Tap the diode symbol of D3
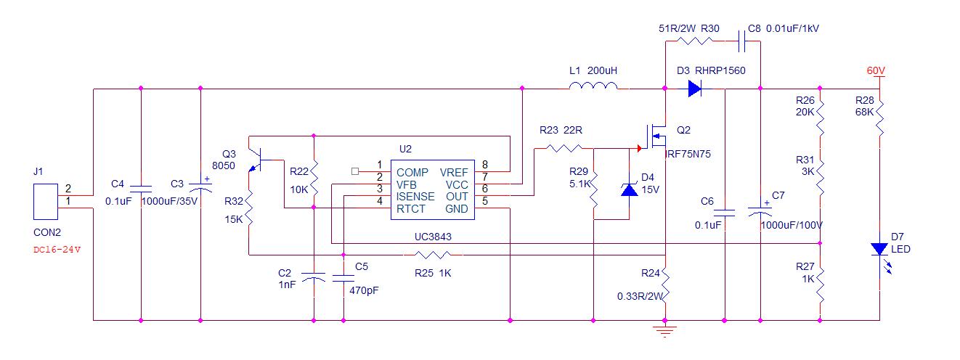point(694,89)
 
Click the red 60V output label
point(876,71)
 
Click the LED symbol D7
point(879,249)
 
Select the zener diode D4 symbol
point(629,189)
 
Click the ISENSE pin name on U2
point(415,197)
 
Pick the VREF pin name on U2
point(454,172)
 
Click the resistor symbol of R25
point(434,255)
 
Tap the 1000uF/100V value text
point(792,226)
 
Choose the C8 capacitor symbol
point(742,42)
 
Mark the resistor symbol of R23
point(564,148)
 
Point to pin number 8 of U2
point(484,165)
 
